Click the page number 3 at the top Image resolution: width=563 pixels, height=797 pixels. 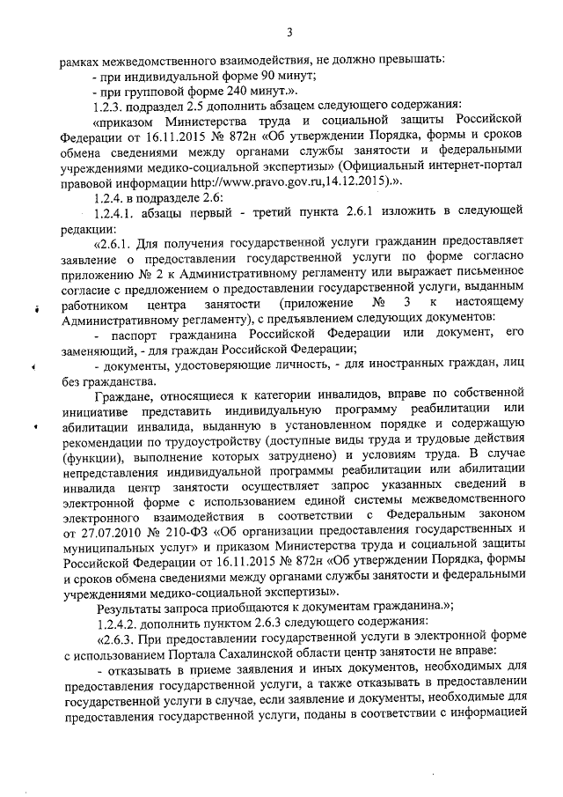point(289,33)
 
